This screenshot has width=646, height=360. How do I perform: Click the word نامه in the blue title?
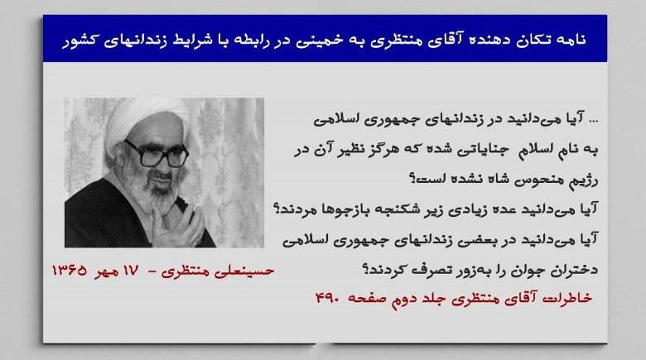click(x=570, y=40)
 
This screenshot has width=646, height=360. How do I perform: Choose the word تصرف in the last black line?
click(x=427, y=270)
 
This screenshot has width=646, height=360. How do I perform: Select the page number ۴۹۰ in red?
click(x=327, y=297)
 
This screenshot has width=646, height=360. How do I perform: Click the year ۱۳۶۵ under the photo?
click(x=70, y=271)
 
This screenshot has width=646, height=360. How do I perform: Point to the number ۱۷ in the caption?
click(x=131, y=271)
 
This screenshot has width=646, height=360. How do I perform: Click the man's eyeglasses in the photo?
click(x=157, y=154)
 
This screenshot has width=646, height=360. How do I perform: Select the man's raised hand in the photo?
click(x=177, y=224)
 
